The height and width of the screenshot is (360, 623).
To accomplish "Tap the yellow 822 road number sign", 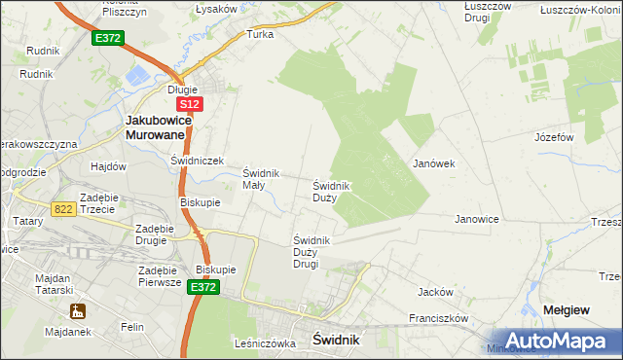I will point(64,207).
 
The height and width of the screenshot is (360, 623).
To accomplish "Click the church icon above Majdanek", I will point(77,312).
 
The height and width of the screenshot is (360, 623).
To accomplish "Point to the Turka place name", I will point(260,34).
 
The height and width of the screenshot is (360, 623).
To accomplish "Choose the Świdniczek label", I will point(198,161).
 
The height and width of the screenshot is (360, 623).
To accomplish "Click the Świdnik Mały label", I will point(261,179).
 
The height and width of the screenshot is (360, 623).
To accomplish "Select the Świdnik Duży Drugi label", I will point(313,252).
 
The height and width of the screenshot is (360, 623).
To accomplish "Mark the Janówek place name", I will point(434,163).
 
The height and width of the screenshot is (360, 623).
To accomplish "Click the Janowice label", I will point(477,219).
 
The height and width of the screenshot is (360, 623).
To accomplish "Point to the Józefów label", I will point(553,137).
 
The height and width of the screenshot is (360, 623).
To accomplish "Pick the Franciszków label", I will point(439,318).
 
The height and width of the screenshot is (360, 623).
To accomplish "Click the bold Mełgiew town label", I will point(566,309).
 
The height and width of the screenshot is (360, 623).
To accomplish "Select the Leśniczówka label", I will point(264,343).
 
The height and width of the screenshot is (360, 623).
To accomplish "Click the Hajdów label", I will point(109,166).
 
